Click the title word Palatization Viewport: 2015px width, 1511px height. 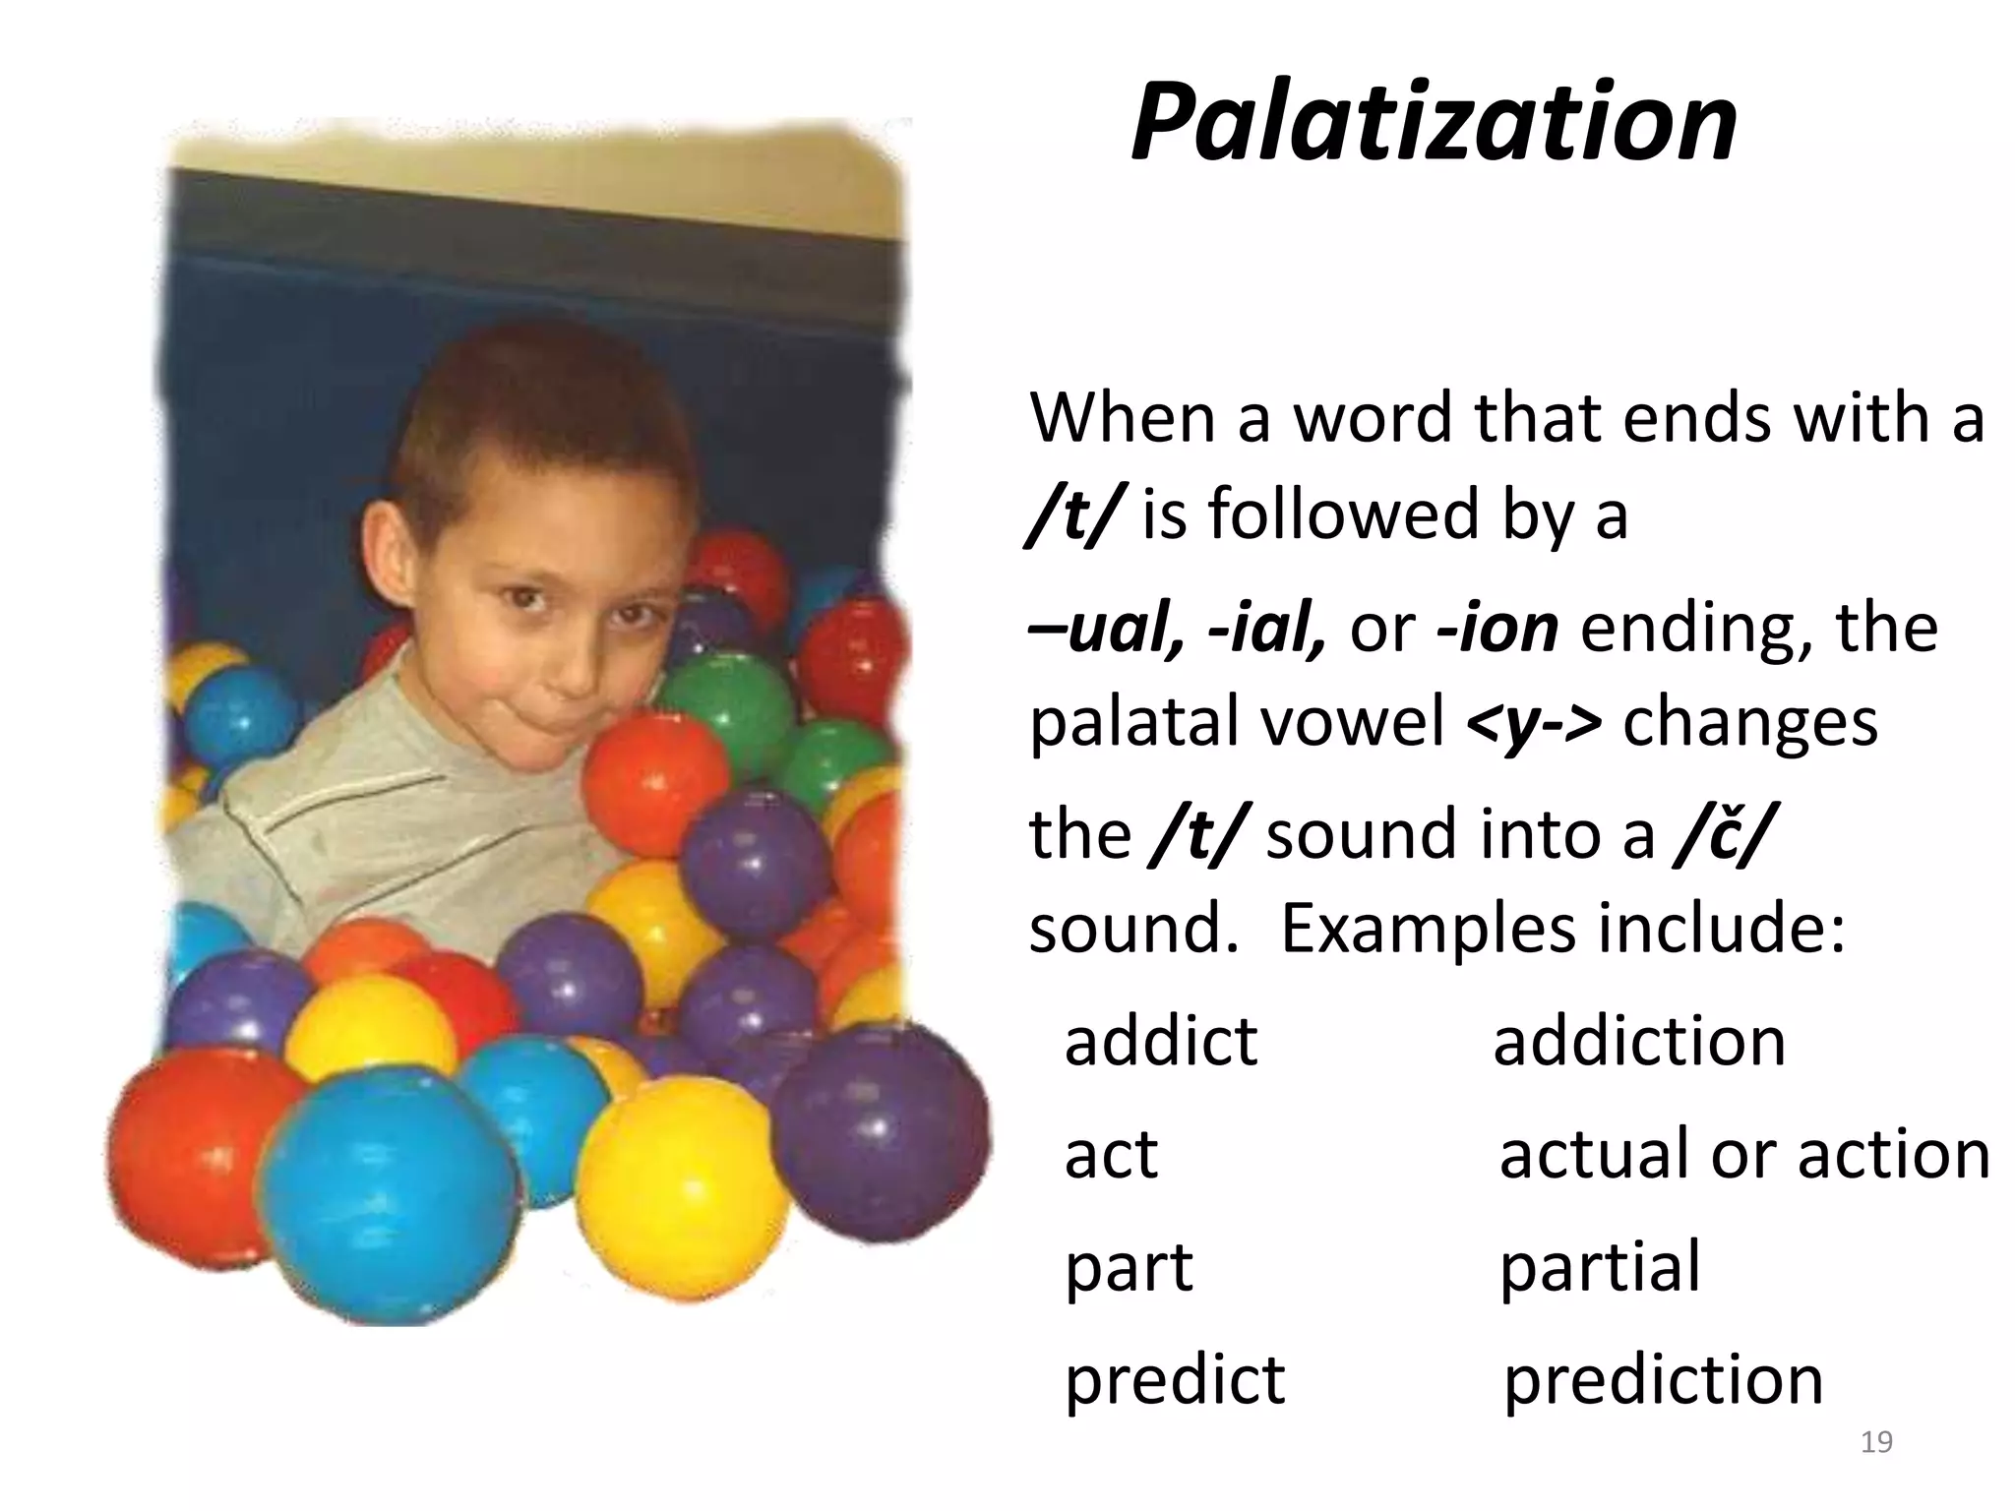point(1434,123)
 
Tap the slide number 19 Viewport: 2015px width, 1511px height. point(1876,1442)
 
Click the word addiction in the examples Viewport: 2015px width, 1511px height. point(1639,1041)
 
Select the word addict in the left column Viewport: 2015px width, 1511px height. point(1161,1041)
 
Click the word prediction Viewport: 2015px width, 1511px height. point(1664,1379)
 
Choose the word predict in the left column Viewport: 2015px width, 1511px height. point(1175,1379)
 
